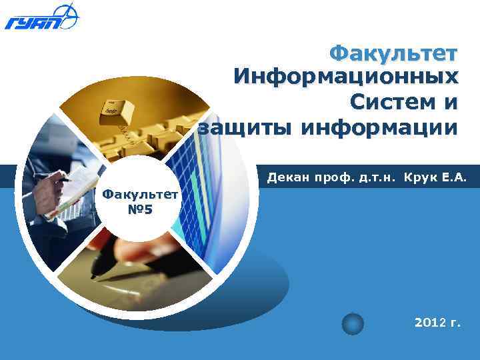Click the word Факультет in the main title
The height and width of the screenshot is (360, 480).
coord(394,53)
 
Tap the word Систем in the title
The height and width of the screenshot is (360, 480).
coord(383,102)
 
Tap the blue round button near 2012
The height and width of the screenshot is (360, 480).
coord(353,324)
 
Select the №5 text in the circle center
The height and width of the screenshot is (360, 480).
coord(141,211)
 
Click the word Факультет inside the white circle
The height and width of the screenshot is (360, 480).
coord(141,195)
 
